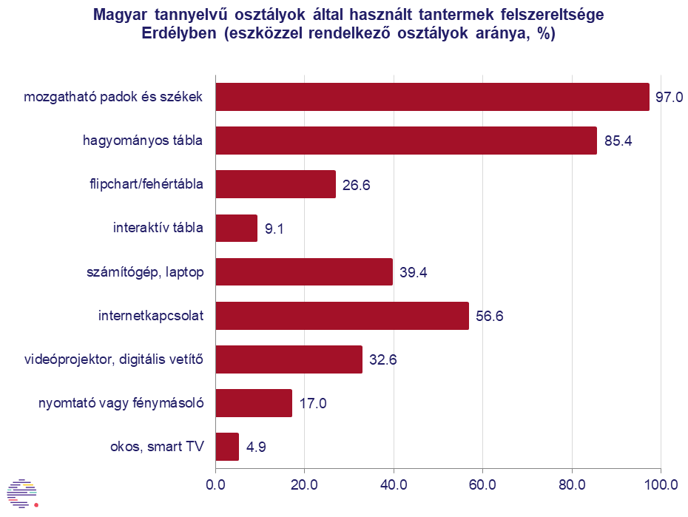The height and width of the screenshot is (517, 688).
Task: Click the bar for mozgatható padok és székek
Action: click(432, 97)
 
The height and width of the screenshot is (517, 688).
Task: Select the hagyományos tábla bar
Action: click(406, 141)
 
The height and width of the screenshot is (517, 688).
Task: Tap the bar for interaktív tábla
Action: click(236, 228)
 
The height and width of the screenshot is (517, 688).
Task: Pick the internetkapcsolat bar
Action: click(342, 316)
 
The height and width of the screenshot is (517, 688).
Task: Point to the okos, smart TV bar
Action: click(227, 447)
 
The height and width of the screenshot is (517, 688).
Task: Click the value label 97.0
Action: click(670, 98)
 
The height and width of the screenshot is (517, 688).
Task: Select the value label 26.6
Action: click(356, 185)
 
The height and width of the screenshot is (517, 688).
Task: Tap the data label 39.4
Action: click(413, 273)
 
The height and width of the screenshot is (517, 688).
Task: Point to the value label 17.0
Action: click(313, 404)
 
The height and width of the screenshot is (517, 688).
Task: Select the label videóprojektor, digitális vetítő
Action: click(113, 360)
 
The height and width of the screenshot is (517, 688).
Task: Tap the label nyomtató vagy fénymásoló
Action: click(121, 404)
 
